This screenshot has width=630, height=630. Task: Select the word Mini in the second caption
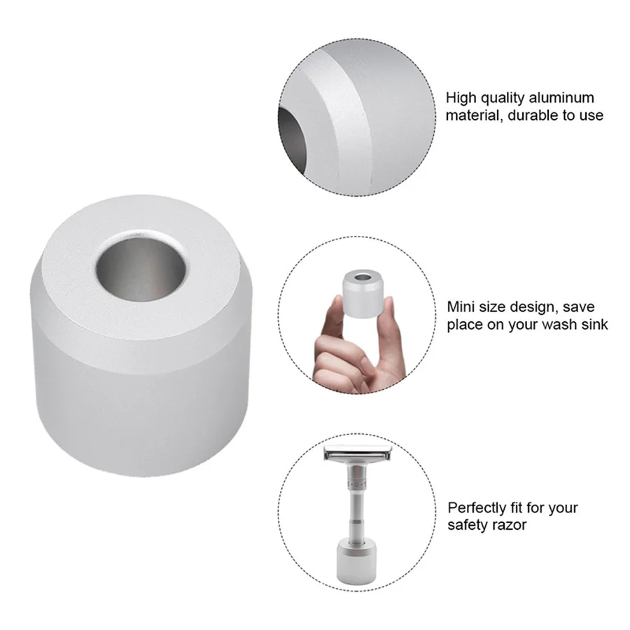click(461, 307)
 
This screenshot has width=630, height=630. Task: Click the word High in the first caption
click(460, 98)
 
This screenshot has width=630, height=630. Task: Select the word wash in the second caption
click(556, 324)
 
